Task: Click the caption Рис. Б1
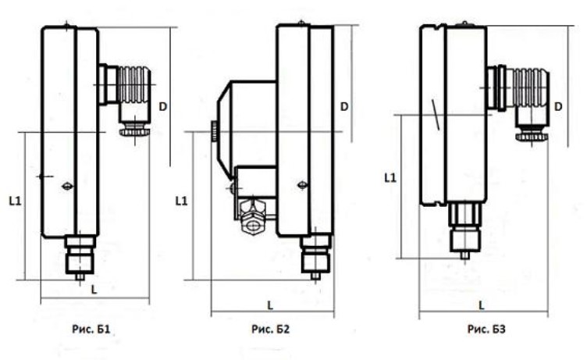point(91,330)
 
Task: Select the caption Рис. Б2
point(270,330)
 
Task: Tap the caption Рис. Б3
point(486,330)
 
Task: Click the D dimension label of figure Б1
point(162,107)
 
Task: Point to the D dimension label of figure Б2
point(344,107)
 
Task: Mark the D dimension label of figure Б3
point(558,107)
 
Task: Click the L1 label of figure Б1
point(16,201)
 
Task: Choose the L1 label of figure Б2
point(182,201)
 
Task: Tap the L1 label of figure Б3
point(390,177)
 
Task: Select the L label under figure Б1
point(94,290)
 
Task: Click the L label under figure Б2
point(270,305)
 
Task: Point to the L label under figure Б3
point(482,305)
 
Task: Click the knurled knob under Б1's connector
point(134,132)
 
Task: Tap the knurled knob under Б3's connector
point(532,137)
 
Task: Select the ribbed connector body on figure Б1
point(133,84)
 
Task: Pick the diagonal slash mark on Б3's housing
point(436,115)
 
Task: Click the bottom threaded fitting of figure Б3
point(464,230)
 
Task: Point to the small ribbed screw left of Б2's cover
point(214,131)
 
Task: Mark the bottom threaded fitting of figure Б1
point(80,257)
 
